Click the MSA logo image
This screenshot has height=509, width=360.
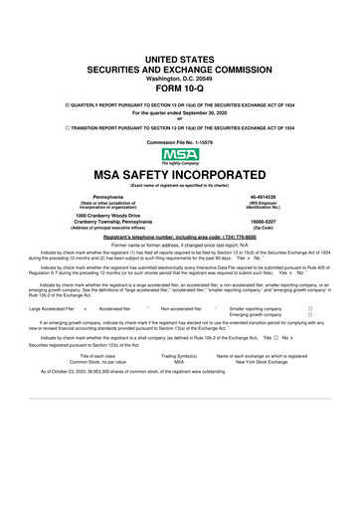180,157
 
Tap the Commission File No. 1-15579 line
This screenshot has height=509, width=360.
180,143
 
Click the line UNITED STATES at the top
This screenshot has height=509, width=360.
180,61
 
